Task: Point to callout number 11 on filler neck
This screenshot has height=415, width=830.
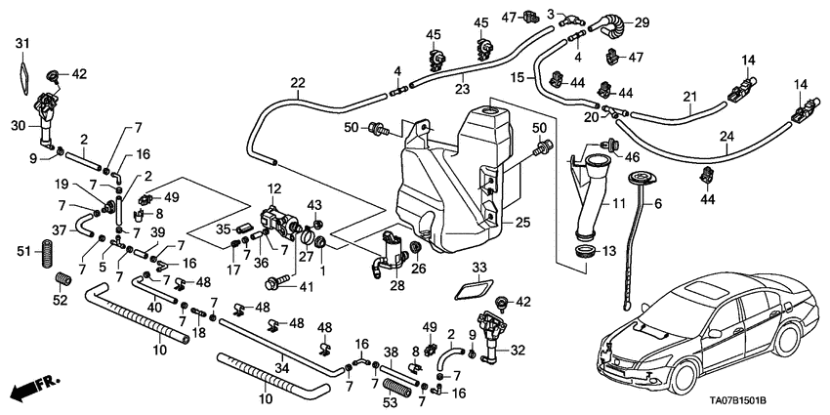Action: (x=616, y=204)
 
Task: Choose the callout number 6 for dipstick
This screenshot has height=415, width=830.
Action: (x=657, y=203)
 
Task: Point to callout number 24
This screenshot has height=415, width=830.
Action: (x=726, y=136)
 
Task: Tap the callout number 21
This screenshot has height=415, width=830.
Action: (x=690, y=96)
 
